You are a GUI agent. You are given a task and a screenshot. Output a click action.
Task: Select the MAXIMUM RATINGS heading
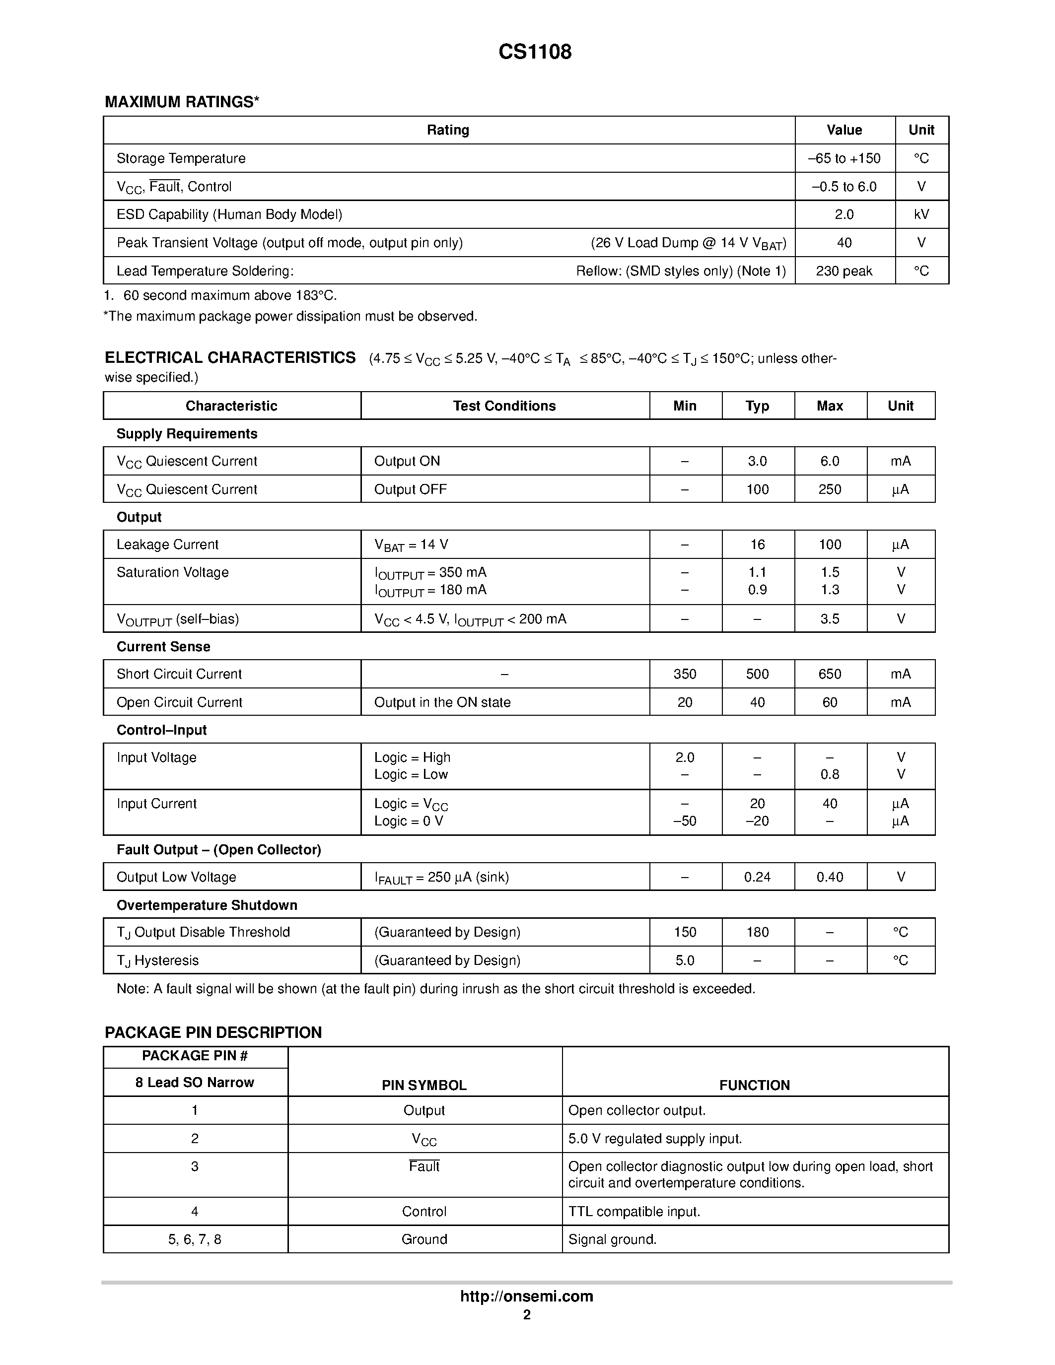[181, 102]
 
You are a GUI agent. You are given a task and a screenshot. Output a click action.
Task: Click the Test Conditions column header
[504, 406]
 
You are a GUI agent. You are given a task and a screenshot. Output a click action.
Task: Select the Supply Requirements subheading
[186, 434]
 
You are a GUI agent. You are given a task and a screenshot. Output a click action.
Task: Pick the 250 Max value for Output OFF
[830, 489]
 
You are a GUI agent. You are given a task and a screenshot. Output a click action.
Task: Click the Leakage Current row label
[167, 545]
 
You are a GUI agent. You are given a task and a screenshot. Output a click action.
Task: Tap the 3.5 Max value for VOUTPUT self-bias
[830, 619]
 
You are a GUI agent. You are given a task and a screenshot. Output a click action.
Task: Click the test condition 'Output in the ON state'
[442, 702]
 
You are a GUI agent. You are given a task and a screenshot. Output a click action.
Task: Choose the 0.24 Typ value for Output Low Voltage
[757, 878]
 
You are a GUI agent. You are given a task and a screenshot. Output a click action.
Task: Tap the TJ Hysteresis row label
[157, 960]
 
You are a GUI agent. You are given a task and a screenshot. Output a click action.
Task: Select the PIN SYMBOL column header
[424, 1086]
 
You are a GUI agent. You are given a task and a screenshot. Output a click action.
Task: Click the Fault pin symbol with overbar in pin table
[424, 1167]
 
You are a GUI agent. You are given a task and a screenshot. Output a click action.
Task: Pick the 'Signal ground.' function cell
[612, 1239]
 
